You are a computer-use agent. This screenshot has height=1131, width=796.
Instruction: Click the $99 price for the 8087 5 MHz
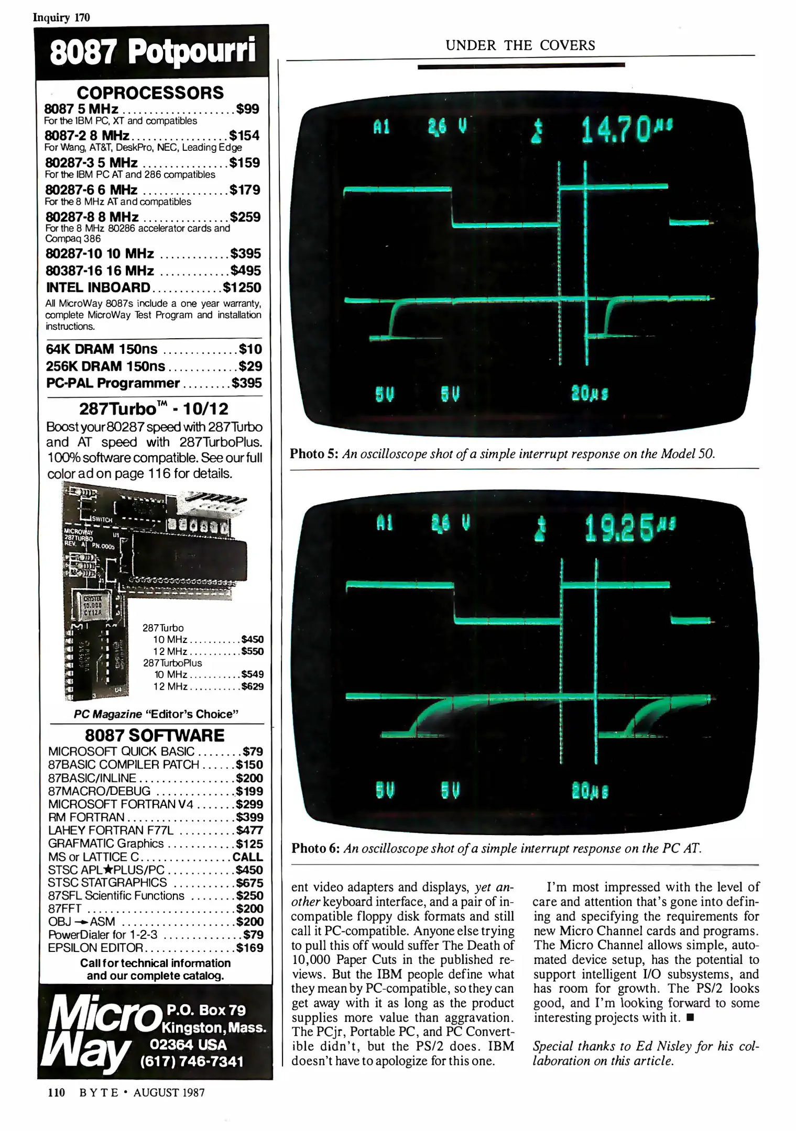[247, 109]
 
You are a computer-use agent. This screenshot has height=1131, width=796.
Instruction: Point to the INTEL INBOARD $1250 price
[242, 287]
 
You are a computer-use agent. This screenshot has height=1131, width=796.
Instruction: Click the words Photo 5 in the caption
[314, 453]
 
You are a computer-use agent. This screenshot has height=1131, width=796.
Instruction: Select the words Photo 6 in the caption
[315, 848]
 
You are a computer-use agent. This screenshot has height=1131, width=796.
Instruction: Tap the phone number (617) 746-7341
[191, 1061]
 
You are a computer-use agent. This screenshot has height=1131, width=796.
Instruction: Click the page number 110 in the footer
[56, 1092]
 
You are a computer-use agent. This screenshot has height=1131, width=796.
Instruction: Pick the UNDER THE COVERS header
[520, 46]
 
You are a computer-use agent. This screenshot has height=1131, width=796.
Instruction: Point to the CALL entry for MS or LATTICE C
[247, 857]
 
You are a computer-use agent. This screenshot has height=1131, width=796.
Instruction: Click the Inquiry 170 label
[61, 17]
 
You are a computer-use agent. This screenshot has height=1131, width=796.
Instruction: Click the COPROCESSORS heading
[150, 93]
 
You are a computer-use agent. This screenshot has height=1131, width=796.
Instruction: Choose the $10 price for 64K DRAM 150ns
[250, 349]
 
